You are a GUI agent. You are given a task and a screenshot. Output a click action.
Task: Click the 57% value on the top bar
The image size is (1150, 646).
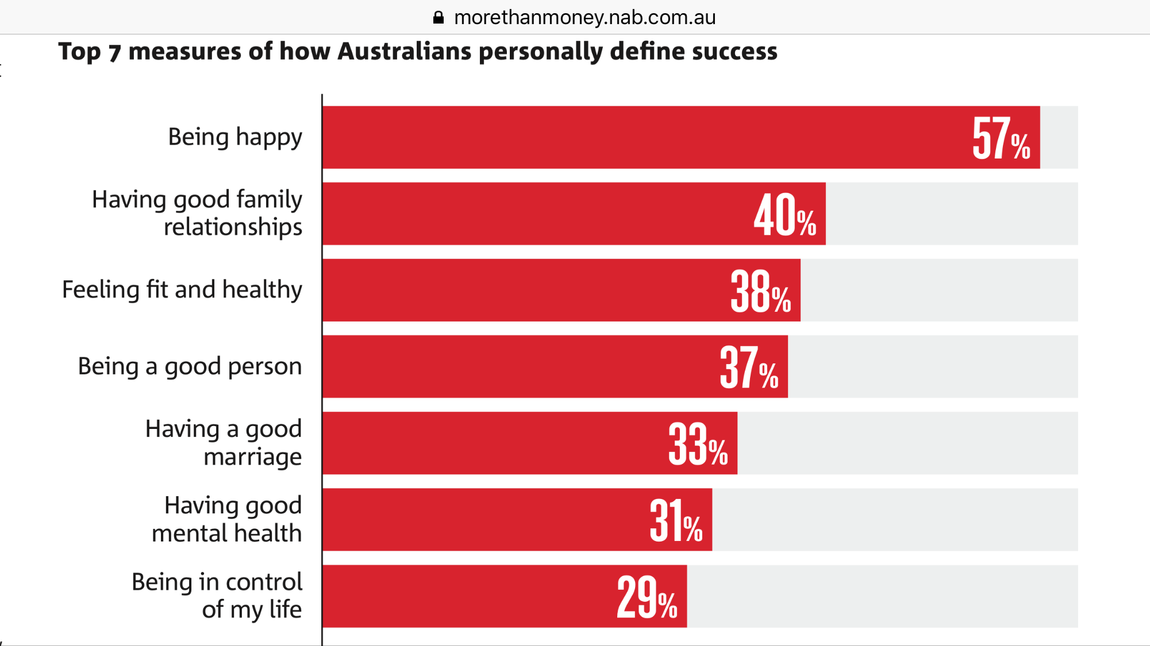[x=1001, y=138]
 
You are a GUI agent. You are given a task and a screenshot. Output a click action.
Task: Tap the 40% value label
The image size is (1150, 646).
[x=784, y=215]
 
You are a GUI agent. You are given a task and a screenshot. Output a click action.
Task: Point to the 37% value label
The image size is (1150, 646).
[x=748, y=368]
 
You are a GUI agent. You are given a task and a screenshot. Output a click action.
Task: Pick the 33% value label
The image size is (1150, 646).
[x=698, y=444]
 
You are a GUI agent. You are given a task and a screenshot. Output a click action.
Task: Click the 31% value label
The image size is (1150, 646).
[x=676, y=521]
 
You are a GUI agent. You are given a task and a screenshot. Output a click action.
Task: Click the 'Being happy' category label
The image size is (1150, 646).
[x=234, y=138]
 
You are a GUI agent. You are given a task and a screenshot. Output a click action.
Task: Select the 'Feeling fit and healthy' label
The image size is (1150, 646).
[x=182, y=290]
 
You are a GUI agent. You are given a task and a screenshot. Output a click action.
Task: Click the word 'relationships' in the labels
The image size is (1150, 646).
[x=233, y=227]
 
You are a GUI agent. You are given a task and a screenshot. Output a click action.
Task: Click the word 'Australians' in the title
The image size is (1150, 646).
[x=405, y=52]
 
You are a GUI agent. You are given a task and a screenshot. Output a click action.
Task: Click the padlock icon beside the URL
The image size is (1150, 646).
[x=439, y=18]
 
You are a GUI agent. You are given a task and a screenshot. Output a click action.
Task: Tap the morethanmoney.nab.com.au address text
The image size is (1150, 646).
[x=584, y=18]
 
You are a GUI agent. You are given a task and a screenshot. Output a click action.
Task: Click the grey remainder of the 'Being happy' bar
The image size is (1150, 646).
[x=1059, y=138]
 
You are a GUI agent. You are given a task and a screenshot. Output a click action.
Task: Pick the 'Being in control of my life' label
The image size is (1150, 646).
[x=217, y=595]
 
